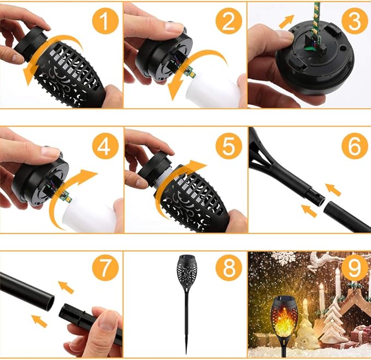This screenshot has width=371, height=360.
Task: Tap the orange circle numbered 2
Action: (228, 22)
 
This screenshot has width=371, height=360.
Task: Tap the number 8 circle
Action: (228, 269)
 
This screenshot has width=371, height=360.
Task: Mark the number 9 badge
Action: (355, 269)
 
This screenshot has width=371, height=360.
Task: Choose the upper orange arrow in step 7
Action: (66, 287)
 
